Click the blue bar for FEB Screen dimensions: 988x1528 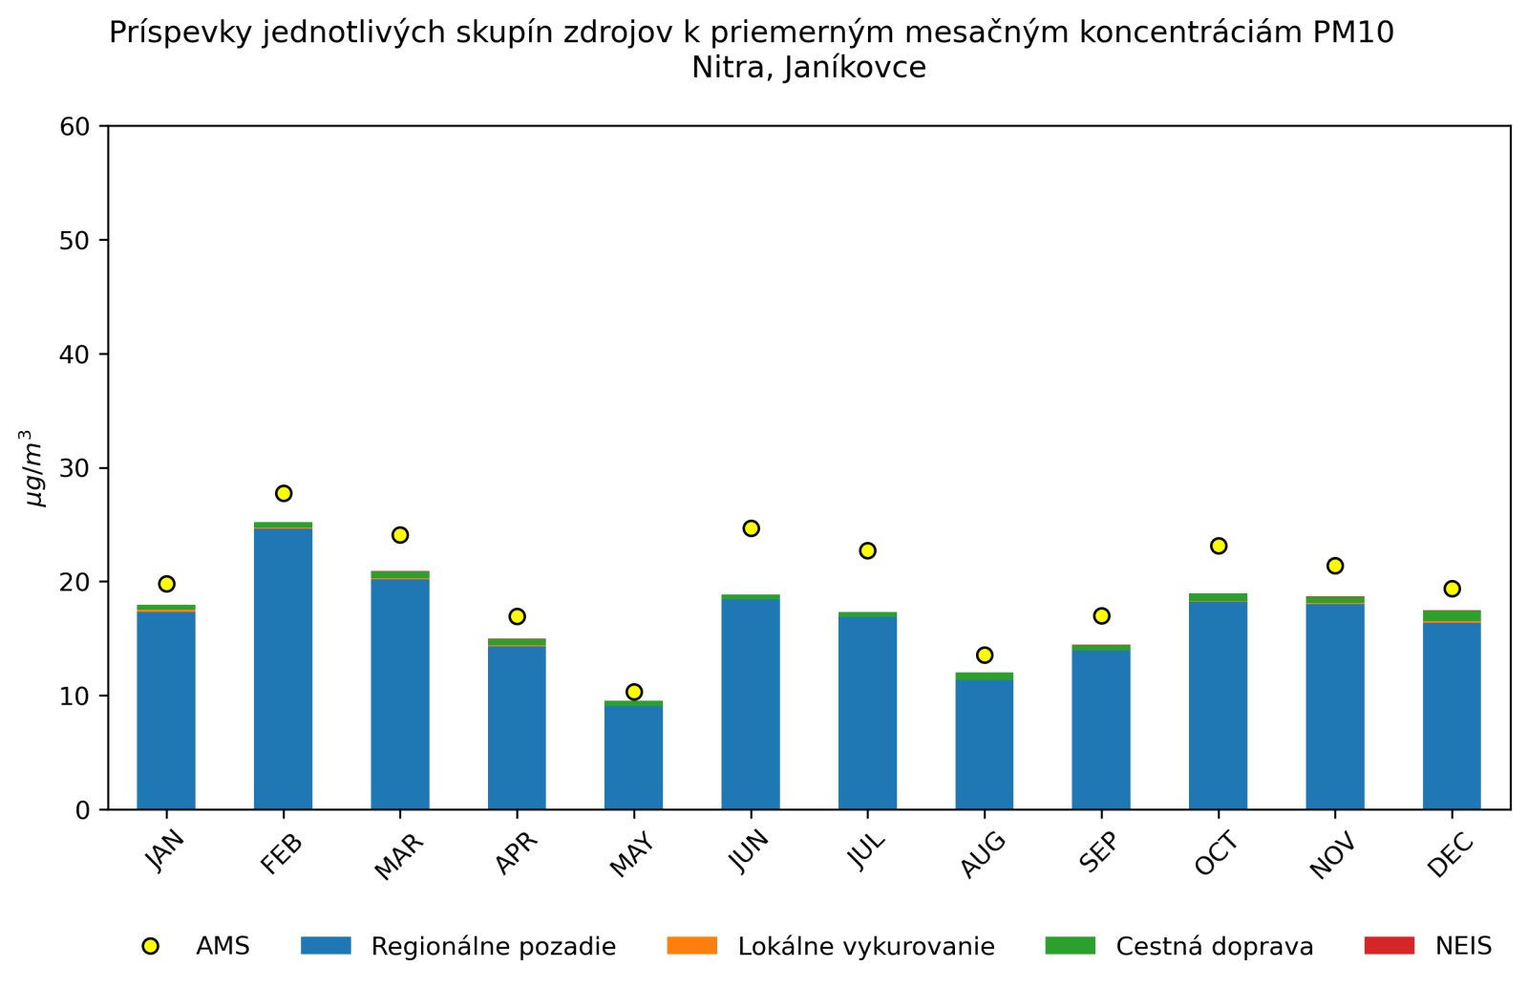[x=283, y=669]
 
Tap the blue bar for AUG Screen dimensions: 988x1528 [x=984, y=744]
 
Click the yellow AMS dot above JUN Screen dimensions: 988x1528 [x=751, y=528]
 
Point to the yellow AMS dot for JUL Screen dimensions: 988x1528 [x=867, y=550]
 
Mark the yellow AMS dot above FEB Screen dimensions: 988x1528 [x=284, y=493]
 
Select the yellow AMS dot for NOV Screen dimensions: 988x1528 [x=1335, y=566]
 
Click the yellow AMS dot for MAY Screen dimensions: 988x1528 [x=634, y=692]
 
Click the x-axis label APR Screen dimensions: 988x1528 [x=516, y=853]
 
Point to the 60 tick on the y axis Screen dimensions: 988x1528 [x=74, y=126]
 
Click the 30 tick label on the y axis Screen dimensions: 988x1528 [x=74, y=468]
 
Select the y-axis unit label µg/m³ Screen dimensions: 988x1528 [x=34, y=468]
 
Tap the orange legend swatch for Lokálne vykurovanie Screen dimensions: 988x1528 [x=691, y=946]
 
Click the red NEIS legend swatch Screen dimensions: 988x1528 [x=1389, y=946]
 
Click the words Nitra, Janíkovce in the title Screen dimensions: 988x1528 [x=808, y=69]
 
